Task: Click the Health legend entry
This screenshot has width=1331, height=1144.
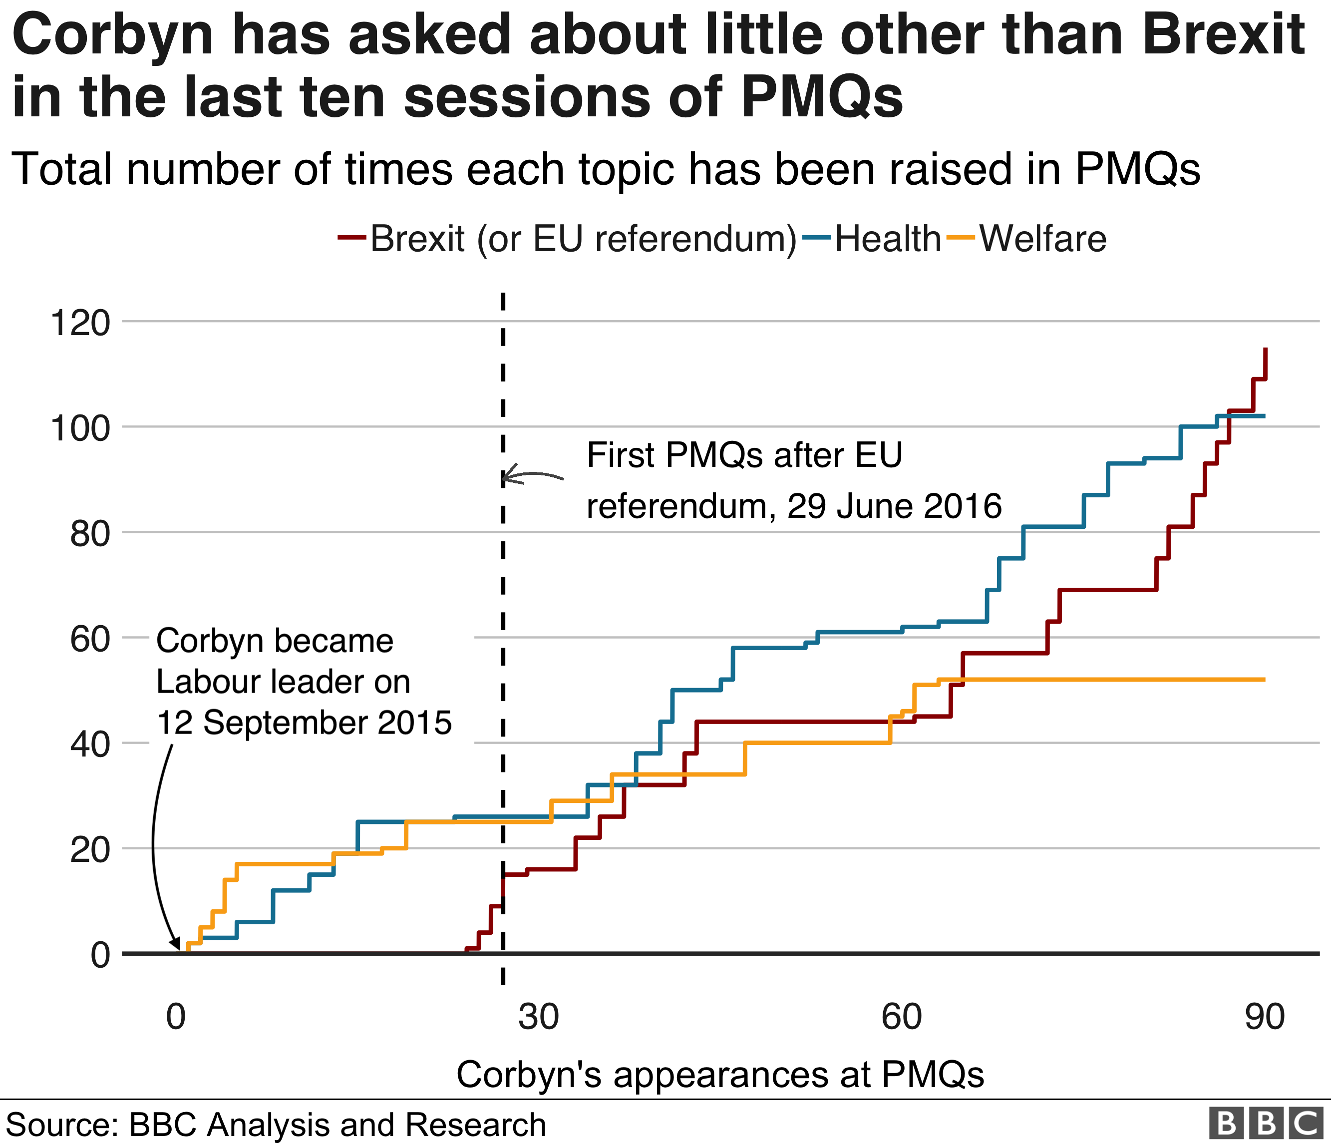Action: (x=887, y=239)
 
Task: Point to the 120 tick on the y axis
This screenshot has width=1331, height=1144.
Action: (x=80, y=323)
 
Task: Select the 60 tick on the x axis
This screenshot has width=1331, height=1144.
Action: (x=901, y=1016)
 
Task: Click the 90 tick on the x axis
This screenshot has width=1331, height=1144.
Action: (x=1264, y=1016)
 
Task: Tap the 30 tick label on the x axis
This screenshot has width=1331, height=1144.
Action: (x=539, y=1016)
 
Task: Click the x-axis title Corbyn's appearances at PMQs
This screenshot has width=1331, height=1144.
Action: (x=719, y=1074)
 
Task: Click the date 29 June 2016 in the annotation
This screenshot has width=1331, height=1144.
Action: (x=894, y=506)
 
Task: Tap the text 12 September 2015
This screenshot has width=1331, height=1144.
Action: (x=305, y=723)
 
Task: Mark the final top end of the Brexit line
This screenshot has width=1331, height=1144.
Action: (x=1265, y=349)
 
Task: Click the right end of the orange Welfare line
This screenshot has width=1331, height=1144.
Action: (x=1264, y=680)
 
